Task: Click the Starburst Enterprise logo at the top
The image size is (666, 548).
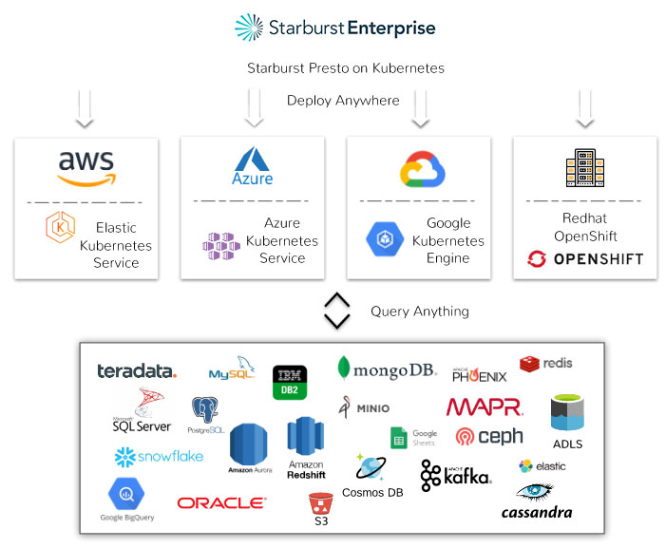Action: [335, 27]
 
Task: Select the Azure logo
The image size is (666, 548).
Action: [252, 166]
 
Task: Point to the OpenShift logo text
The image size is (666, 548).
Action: [585, 258]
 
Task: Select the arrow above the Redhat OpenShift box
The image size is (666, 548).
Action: [585, 108]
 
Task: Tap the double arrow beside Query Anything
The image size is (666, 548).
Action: [337, 311]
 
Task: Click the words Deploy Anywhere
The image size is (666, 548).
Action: [343, 101]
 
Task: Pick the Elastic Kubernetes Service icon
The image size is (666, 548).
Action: [61, 228]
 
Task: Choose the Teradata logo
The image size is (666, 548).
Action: [137, 371]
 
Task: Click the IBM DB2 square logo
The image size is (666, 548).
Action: [289, 382]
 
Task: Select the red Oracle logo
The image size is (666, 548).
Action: [221, 502]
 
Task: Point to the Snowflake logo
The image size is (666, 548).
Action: [159, 457]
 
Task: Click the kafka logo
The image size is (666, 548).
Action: [456, 474]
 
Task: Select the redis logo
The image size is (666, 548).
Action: [546, 364]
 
